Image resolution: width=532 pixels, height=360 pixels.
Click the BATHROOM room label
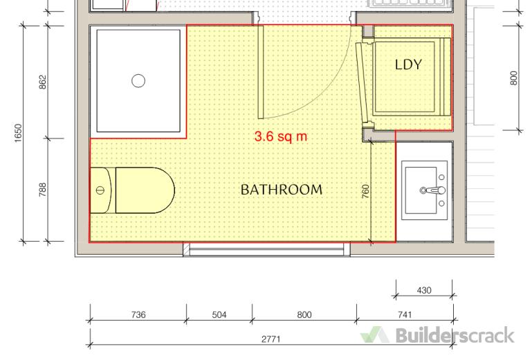click(282, 190)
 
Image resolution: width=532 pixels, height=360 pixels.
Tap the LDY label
click(408, 64)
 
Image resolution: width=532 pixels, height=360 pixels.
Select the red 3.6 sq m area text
click(281, 136)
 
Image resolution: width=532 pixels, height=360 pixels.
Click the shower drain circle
click(138, 81)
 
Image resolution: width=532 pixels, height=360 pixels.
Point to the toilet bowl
click(145, 190)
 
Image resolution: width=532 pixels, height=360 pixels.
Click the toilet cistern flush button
click(100, 190)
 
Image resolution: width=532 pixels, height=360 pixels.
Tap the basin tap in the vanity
click(432, 190)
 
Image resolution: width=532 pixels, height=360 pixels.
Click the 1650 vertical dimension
click(18, 133)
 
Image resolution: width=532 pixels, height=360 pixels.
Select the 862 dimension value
click(43, 82)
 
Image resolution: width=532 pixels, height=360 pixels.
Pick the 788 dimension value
click(43, 190)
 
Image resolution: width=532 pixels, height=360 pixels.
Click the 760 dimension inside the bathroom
click(365, 191)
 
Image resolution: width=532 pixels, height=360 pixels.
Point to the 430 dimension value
click(424, 290)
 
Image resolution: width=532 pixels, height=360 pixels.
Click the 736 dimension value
click(138, 315)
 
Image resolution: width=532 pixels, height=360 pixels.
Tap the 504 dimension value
click(219, 315)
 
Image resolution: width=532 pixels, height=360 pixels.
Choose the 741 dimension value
click(405, 315)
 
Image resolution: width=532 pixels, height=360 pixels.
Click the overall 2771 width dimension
click(270, 339)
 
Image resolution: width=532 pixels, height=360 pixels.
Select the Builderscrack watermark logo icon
click(374, 335)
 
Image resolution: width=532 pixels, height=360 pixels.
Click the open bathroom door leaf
click(261, 72)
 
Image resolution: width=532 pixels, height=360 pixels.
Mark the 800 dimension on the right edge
click(514, 78)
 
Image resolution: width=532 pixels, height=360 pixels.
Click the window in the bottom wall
click(266, 249)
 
